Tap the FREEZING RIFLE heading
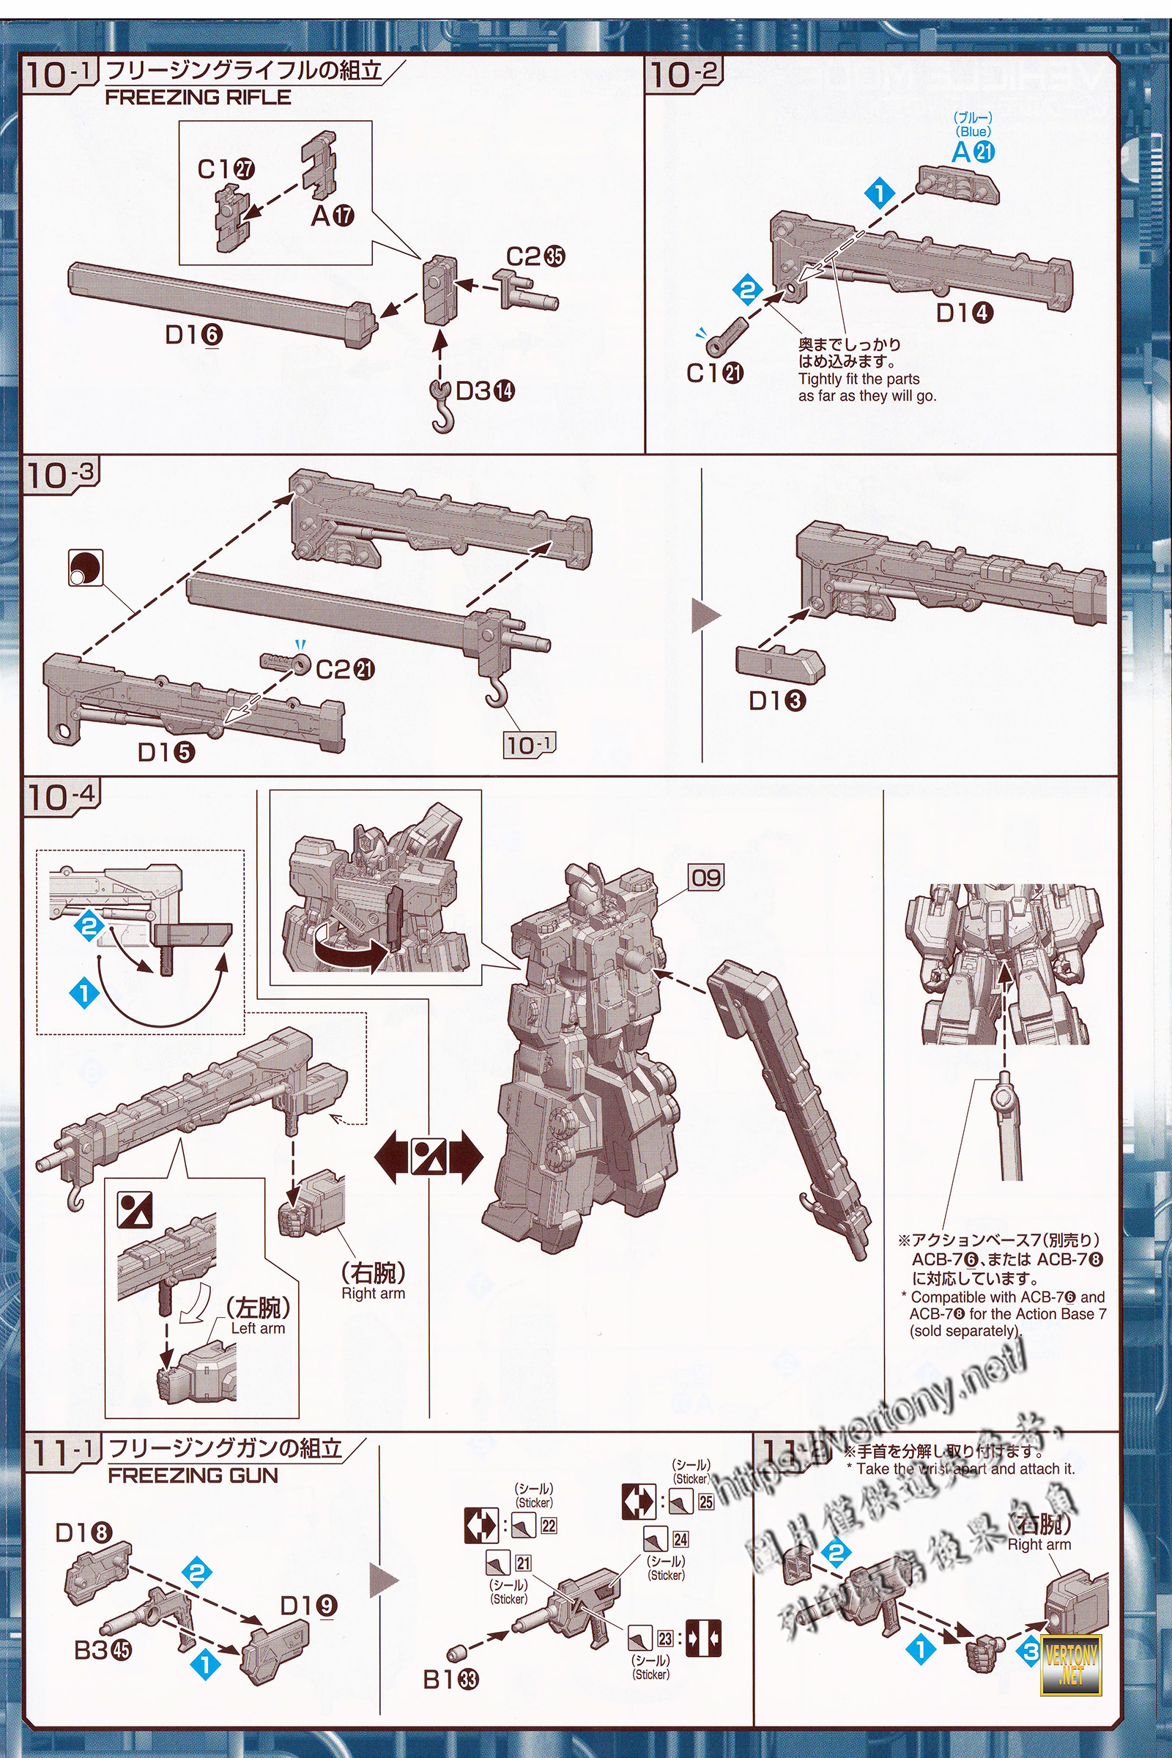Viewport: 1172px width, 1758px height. [198, 97]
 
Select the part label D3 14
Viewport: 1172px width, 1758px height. [485, 390]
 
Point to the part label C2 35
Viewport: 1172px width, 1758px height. [535, 256]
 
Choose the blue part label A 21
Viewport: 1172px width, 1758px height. [973, 152]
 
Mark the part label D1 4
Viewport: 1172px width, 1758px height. [964, 314]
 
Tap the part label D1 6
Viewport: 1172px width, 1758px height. [193, 335]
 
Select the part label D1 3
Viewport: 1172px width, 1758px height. [777, 700]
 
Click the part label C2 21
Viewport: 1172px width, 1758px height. [344, 669]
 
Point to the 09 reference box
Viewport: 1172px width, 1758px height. [706, 877]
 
